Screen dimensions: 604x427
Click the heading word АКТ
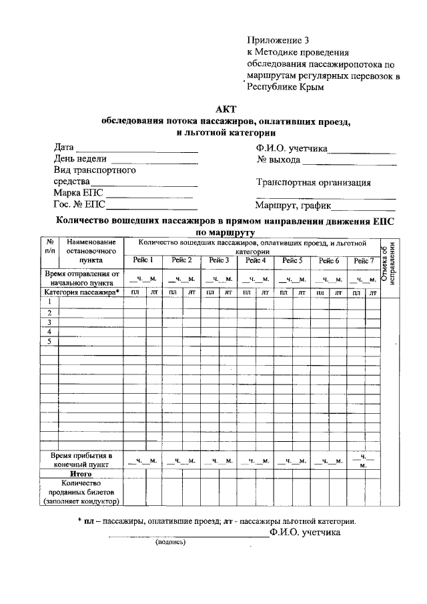point(226,110)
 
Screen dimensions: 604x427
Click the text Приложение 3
point(278,41)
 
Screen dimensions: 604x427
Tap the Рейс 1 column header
point(143,260)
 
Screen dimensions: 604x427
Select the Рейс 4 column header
point(256,260)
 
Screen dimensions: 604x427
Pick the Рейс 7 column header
point(364,260)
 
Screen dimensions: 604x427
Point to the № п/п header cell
point(50,246)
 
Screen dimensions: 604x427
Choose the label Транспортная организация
point(314,183)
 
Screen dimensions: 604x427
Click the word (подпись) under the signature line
point(171,542)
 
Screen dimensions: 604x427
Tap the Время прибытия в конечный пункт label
point(81,460)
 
